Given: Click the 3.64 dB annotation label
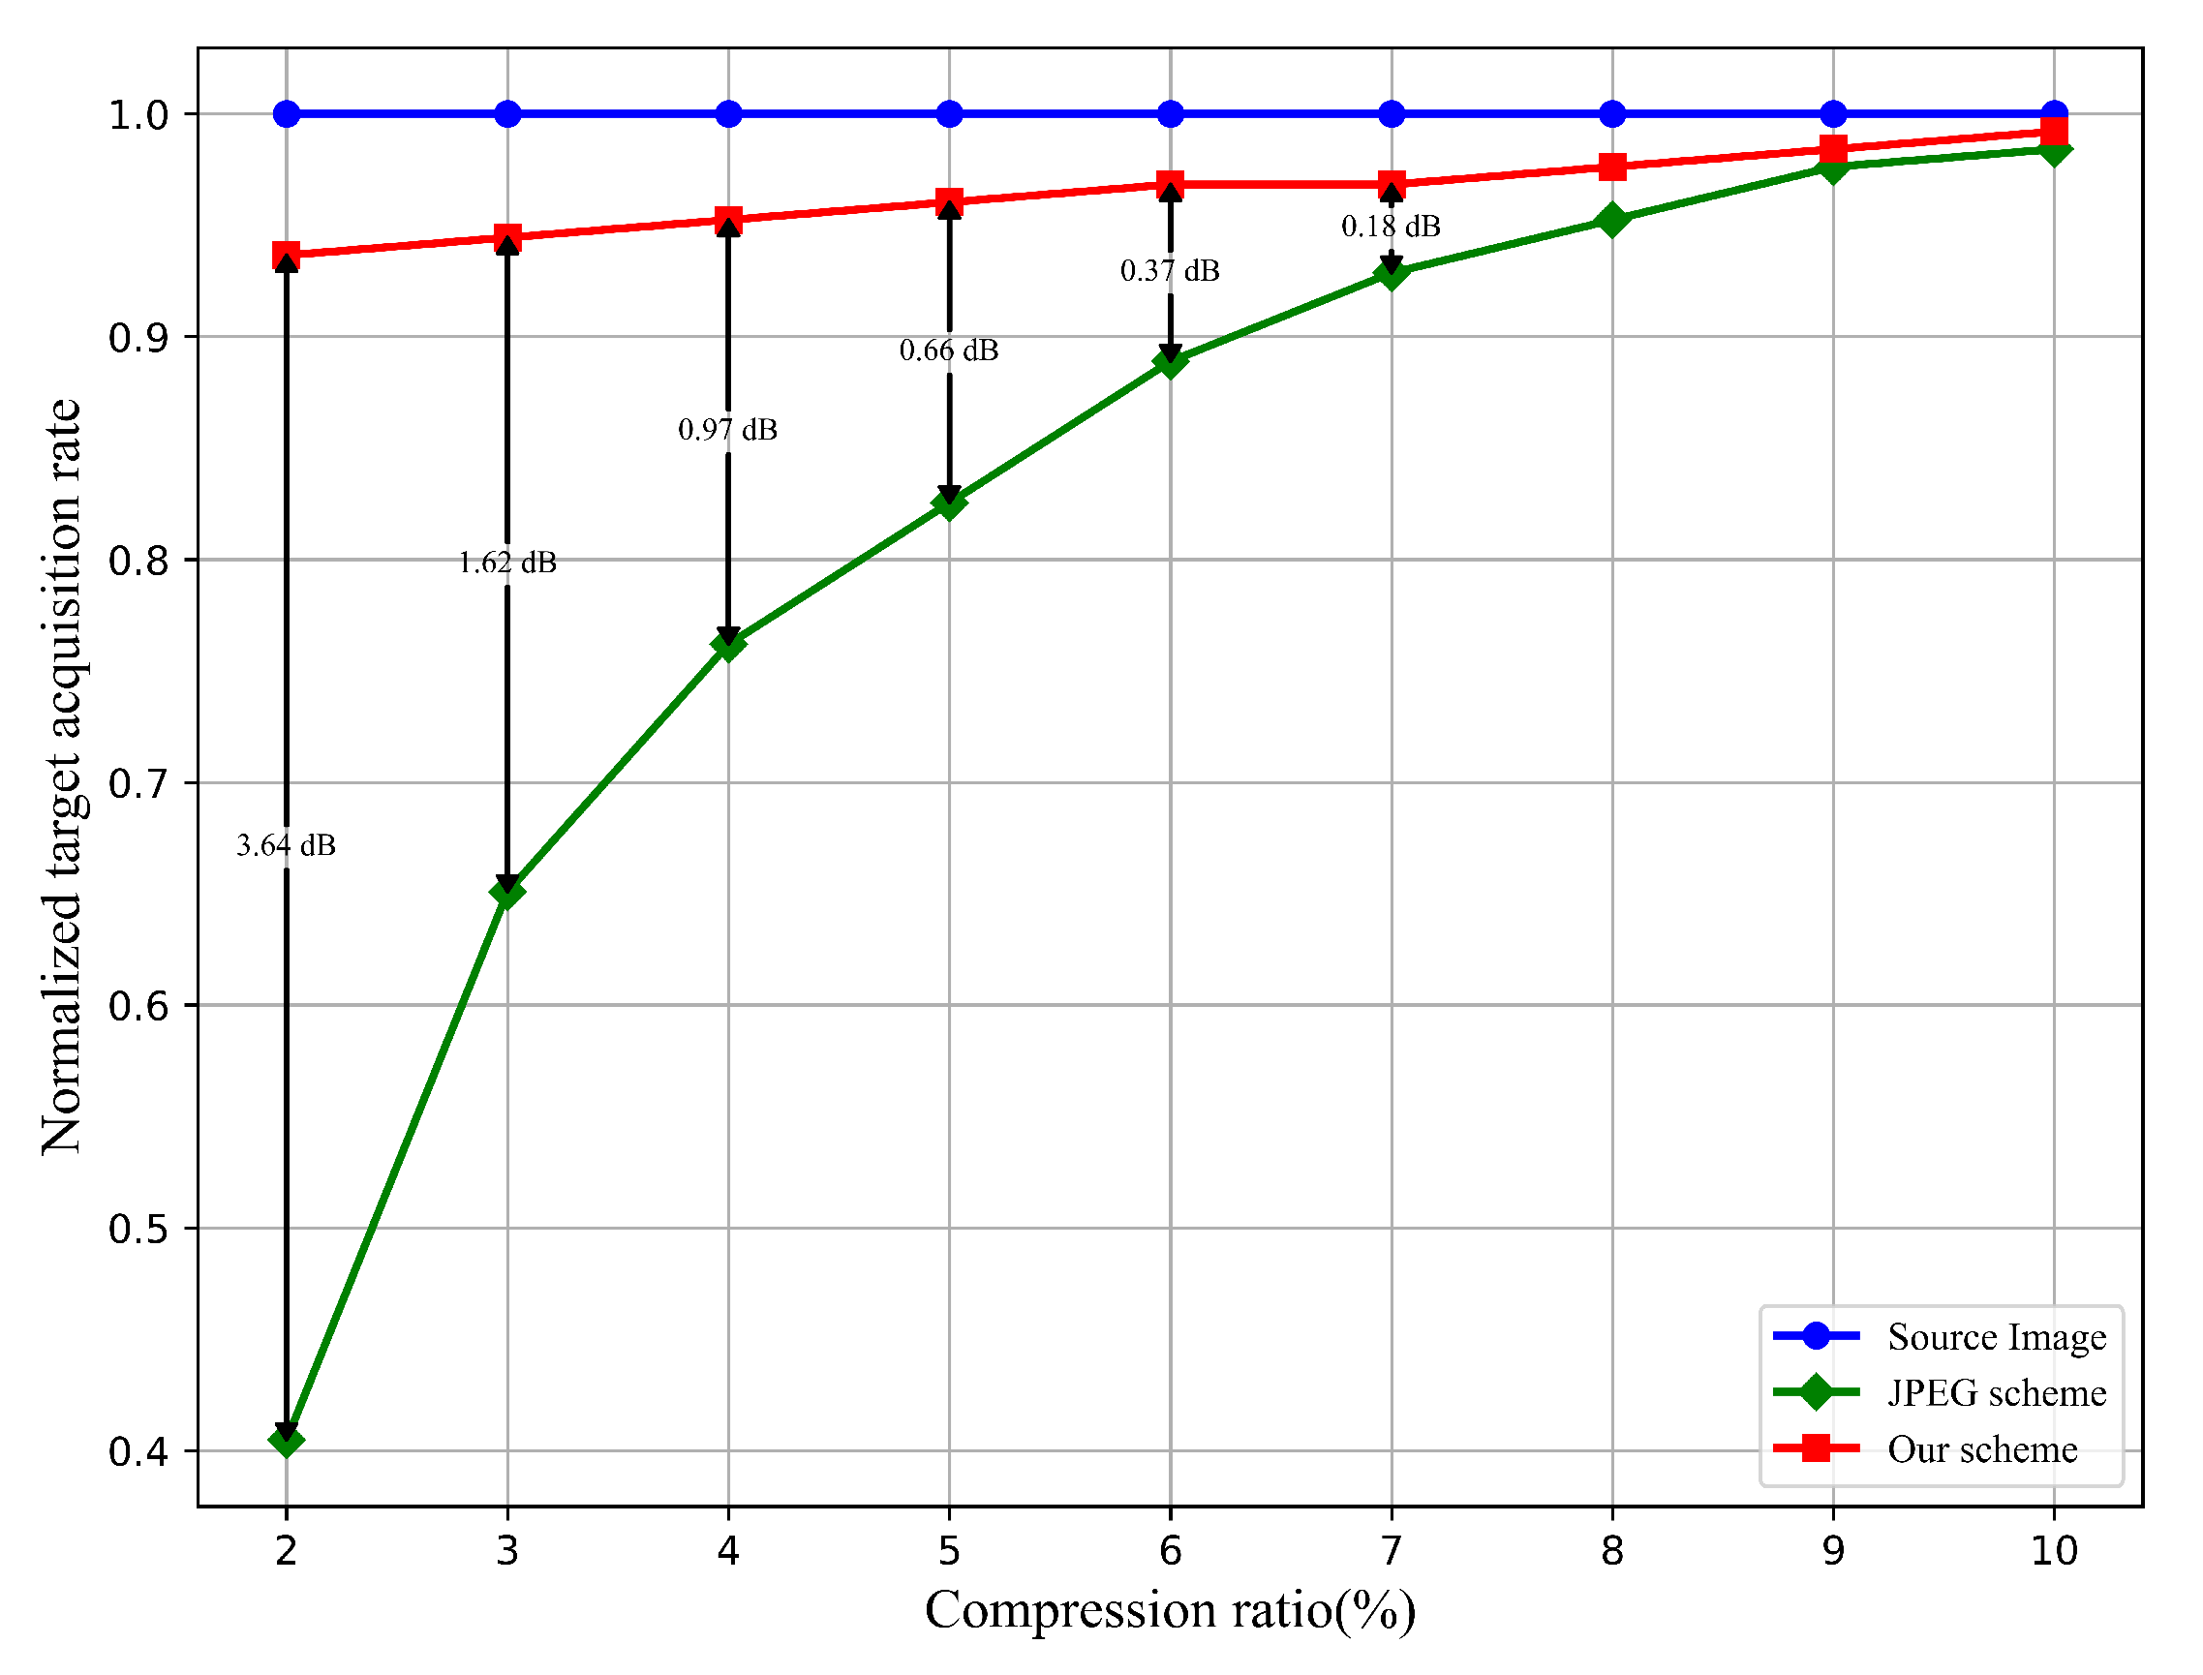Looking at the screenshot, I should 287,845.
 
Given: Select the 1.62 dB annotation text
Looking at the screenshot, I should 507,563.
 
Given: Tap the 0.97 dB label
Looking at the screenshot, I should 728,430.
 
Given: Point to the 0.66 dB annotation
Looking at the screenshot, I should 948,350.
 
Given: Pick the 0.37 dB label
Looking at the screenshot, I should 1170,270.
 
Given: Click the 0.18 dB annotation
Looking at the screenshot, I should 1392,227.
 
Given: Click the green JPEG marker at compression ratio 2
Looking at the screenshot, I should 287,1441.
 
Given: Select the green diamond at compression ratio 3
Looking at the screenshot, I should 507,893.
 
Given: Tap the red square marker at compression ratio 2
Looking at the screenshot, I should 287,256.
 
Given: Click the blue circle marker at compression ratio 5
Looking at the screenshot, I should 949,113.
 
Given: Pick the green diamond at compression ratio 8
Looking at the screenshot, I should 1612,221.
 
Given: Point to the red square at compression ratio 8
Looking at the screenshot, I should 1612,167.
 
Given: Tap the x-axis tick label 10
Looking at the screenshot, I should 2055,1551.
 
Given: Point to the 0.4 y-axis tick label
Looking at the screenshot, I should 137,1452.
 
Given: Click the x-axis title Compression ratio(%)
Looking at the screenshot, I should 1170,1610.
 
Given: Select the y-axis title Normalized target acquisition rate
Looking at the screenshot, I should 62,777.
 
